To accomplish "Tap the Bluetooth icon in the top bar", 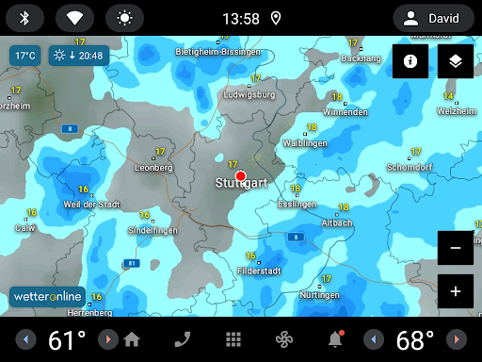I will pyautogui.click(x=25, y=18).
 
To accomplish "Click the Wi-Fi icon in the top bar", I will pyautogui.click(x=74, y=18).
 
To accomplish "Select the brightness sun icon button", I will pyautogui.click(x=123, y=18).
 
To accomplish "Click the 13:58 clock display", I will pyautogui.click(x=242, y=18).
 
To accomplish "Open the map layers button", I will pyautogui.click(x=456, y=61).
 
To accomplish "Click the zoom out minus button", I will pyautogui.click(x=456, y=247).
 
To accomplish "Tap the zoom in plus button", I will pyautogui.click(x=456, y=291).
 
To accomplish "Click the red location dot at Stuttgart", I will pyautogui.click(x=240, y=176).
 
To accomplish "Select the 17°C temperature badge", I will pyautogui.click(x=24, y=56).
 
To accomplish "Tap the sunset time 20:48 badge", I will pyautogui.click(x=79, y=56).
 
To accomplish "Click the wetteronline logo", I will pyautogui.click(x=48, y=296).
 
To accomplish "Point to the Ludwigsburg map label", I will pyautogui.click(x=249, y=95).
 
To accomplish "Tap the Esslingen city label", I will pyautogui.click(x=298, y=204).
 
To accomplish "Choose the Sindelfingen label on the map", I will pyautogui.click(x=152, y=230).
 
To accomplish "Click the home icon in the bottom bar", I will pyautogui.click(x=132, y=339).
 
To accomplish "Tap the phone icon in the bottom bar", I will pyautogui.click(x=182, y=339).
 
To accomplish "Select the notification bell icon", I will pyautogui.click(x=335, y=339).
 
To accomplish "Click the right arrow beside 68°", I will pyautogui.click(x=456, y=339).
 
